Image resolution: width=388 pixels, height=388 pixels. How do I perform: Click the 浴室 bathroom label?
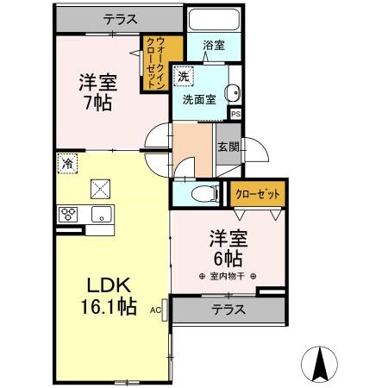coord(214,45)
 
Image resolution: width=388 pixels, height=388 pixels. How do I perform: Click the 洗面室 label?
coord(199,99)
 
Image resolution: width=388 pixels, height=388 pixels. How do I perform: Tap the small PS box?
coord(235,112)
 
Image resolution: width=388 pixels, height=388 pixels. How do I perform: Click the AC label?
coord(156,308)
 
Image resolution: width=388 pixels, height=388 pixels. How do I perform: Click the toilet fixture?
coord(201,192)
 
